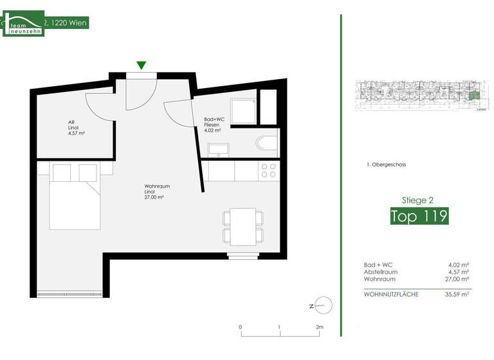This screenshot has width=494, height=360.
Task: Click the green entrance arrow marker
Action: [141, 64]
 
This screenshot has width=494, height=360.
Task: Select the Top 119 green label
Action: [419, 216]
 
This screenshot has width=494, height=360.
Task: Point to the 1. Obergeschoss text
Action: [385, 165]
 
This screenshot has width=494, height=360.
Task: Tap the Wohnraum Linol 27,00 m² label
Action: [157, 192]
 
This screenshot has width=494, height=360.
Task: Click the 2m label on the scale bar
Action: [319, 327]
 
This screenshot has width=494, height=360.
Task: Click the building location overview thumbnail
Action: [418, 97]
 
